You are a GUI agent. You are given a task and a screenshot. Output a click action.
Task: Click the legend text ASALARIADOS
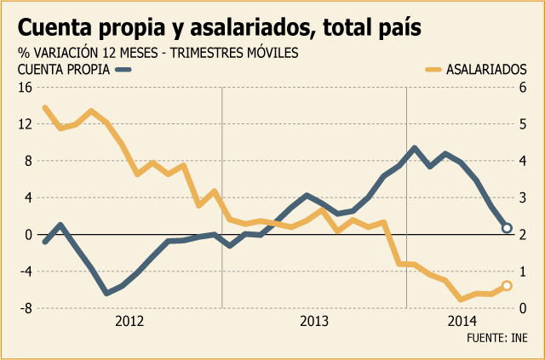486,70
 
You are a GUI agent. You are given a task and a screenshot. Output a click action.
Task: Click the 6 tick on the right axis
523,88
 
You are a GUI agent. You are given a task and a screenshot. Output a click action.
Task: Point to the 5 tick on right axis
523,124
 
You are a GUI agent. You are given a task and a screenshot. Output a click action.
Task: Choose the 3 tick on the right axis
523,198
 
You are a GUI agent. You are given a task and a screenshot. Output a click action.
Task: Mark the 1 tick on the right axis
523,271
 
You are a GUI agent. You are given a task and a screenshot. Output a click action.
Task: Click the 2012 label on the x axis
129,322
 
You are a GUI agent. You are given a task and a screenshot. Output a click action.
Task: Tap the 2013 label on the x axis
314,322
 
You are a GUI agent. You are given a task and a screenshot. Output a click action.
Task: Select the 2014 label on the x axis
462,322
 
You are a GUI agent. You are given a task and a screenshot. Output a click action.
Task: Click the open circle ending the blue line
507,228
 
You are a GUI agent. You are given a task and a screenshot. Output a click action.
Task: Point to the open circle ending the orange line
507,286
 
